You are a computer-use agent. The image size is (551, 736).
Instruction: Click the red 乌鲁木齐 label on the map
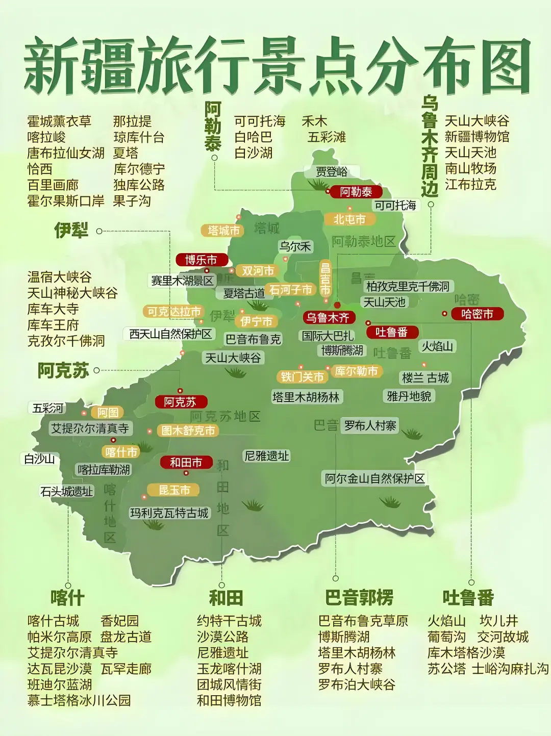(x=328, y=317)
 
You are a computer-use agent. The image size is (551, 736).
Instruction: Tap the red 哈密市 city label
(x=477, y=314)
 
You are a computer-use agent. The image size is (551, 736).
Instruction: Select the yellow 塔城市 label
(x=223, y=231)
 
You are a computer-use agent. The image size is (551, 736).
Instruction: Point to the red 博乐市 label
(x=201, y=260)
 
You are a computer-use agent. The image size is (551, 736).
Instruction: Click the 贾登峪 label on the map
(x=332, y=172)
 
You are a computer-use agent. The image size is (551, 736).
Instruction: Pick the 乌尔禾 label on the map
(x=295, y=246)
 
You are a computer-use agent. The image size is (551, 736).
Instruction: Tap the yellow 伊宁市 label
(x=256, y=321)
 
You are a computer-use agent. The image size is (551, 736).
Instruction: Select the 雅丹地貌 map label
(x=409, y=396)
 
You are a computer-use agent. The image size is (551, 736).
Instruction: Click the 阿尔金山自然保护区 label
(x=375, y=478)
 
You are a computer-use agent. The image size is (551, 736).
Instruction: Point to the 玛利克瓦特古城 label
(x=169, y=513)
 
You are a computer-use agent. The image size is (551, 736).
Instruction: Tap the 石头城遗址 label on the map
(x=67, y=491)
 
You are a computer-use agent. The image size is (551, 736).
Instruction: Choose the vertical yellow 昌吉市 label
(x=325, y=278)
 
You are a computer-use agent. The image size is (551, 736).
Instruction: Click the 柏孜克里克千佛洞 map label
(x=408, y=286)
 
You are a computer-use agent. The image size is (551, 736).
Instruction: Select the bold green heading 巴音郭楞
(x=359, y=597)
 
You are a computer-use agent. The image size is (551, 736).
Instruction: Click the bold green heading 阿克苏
(x=63, y=370)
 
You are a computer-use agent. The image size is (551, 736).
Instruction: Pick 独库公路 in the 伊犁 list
(x=139, y=185)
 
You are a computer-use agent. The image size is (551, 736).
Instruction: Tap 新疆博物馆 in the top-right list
(x=477, y=137)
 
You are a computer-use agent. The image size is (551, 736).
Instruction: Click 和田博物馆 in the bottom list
(x=229, y=700)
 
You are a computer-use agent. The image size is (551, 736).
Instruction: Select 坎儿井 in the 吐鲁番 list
(x=498, y=621)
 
